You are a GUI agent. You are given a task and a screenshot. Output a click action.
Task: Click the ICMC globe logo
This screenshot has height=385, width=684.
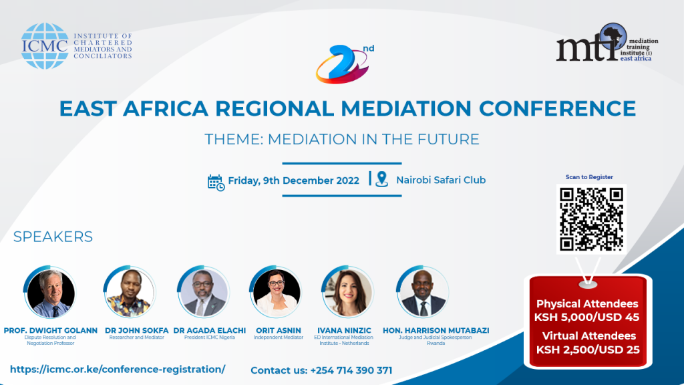(45, 46)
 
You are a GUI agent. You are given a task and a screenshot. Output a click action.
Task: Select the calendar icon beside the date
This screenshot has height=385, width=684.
(216, 182)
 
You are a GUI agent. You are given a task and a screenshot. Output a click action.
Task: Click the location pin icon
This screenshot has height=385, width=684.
(381, 180)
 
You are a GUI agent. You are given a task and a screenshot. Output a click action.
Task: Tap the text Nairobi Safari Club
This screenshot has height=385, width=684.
(440, 180)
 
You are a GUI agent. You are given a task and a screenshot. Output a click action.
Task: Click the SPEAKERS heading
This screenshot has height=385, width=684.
(53, 237)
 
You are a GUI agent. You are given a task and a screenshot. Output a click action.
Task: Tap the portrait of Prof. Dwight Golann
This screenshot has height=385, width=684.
(50, 293)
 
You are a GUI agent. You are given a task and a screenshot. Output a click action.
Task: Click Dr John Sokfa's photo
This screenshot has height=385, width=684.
(129, 293)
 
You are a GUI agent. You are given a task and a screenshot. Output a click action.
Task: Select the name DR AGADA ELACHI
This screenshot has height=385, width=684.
(209, 330)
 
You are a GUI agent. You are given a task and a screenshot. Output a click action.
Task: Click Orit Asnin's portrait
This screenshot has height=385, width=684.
(277, 293)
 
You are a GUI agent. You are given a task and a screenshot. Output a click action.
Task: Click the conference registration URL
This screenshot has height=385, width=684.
(118, 369)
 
